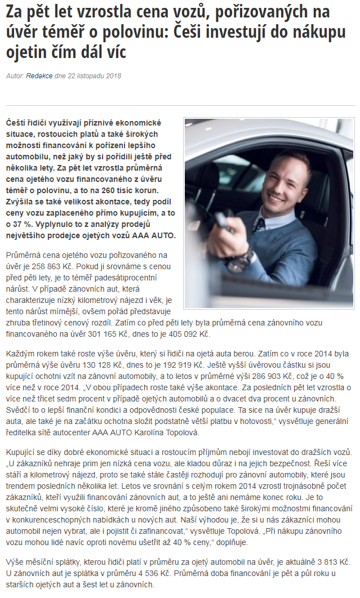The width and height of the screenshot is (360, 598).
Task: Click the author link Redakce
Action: pos(39,75)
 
